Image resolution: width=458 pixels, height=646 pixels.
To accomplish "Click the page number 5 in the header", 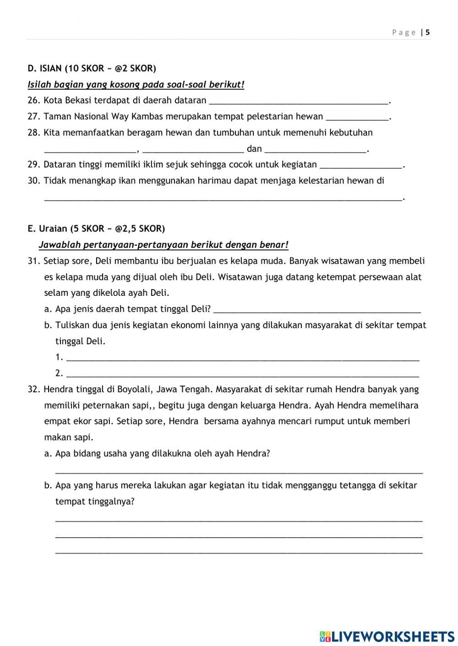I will click(x=428, y=32).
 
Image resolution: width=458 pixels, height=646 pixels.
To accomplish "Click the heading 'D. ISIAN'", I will click(x=45, y=69).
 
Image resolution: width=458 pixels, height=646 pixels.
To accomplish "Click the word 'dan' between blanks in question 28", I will click(x=254, y=149).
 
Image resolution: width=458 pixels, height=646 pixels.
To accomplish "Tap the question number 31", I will click(x=34, y=261).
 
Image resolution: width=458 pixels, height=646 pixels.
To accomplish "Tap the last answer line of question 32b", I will click(x=239, y=553).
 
